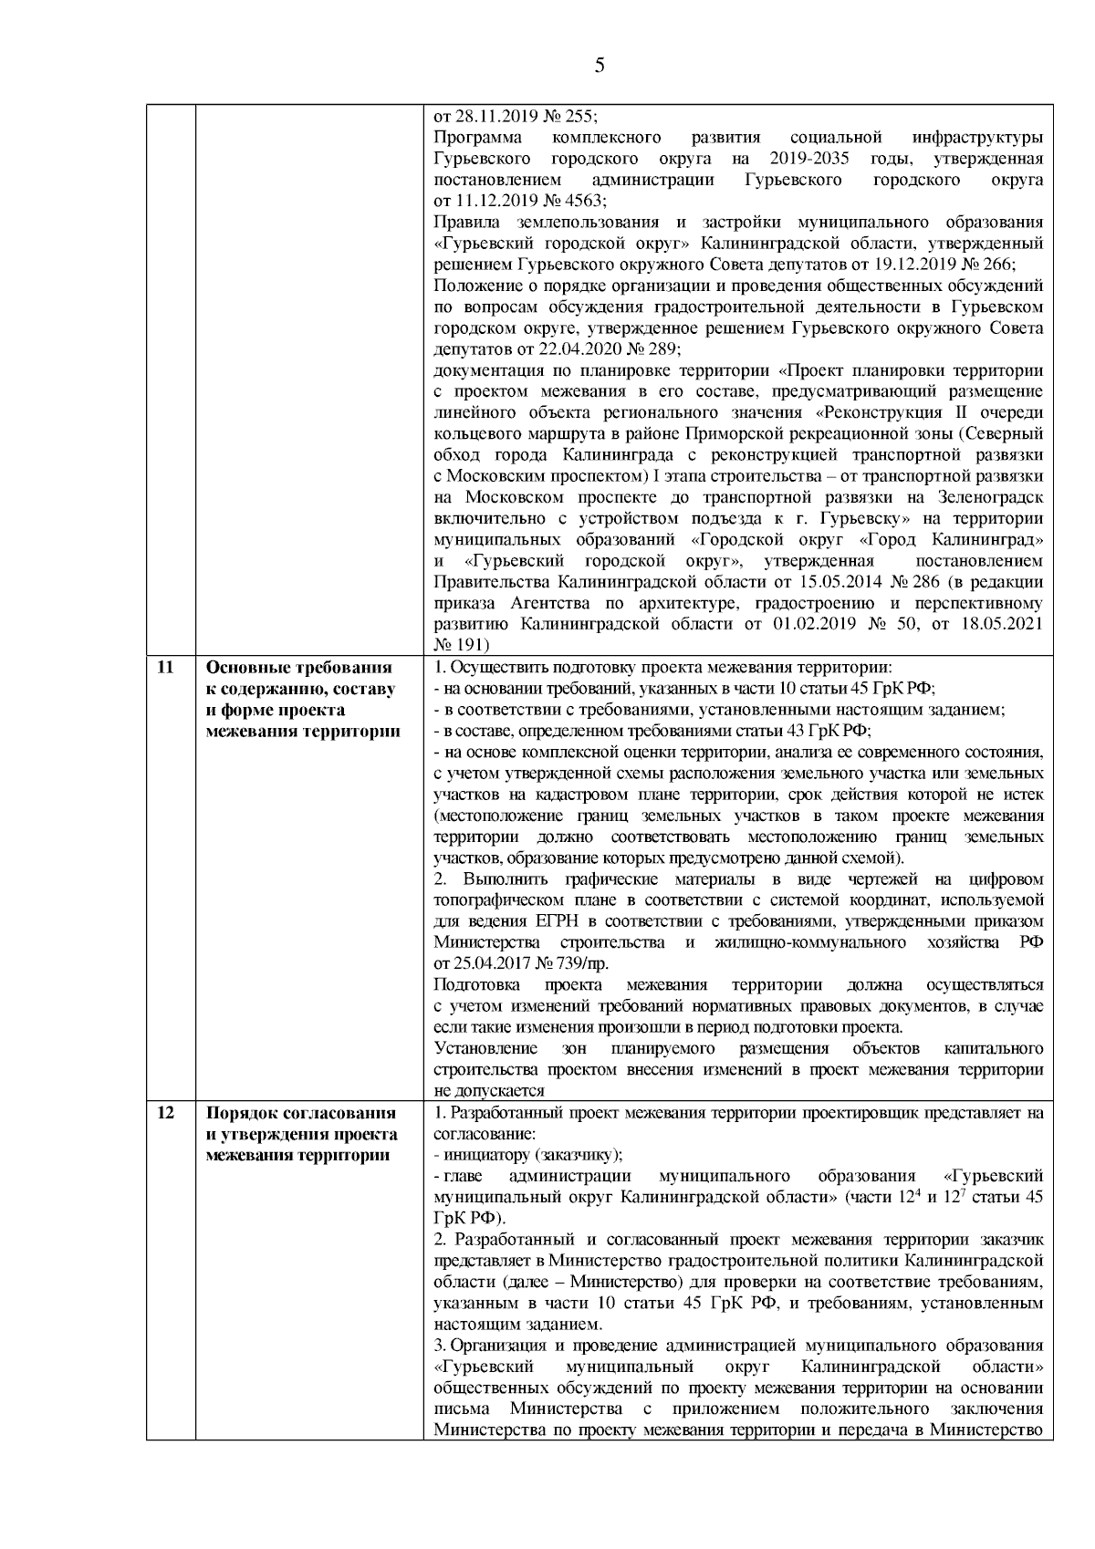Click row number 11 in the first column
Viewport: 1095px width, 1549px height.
[x=166, y=667]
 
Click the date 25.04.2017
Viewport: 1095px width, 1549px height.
[x=489, y=963]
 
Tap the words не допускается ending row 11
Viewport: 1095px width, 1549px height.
[x=490, y=1090]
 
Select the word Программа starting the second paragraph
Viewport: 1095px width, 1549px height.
[x=477, y=138]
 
